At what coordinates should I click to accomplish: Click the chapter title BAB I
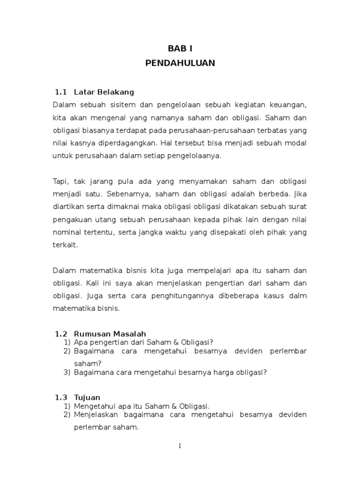(180, 48)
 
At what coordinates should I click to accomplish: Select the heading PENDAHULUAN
(180, 63)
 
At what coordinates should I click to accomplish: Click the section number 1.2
(61, 334)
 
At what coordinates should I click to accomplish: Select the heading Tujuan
(87, 397)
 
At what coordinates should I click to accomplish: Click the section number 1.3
(61, 397)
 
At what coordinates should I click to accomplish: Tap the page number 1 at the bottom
(180, 446)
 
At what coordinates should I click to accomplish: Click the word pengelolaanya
(197, 156)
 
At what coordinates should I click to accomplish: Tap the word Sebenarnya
(125, 194)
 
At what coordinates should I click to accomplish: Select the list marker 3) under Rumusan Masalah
(67, 373)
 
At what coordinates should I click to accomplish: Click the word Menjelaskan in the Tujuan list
(95, 415)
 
